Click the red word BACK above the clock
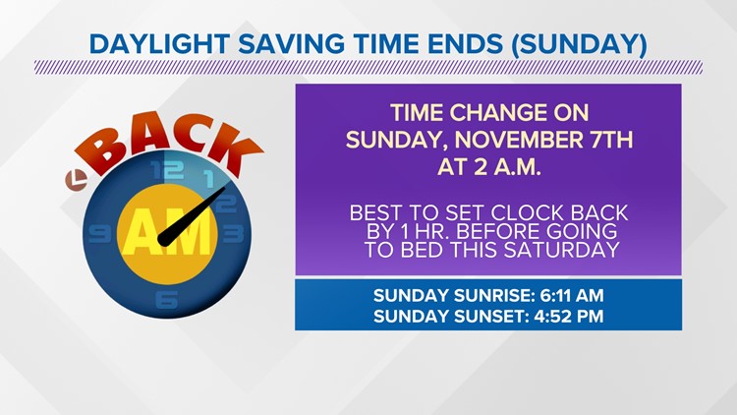(x=169, y=142)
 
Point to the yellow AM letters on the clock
(x=167, y=233)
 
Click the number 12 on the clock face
(x=167, y=169)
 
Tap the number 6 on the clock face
(x=167, y=300)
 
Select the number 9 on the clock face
(x=99, y=234)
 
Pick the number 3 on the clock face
(x=234, y=234)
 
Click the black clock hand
(x=192, y=216)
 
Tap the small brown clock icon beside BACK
(x=76, y=180)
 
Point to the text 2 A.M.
(x=507, y=167)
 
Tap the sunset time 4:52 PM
(x=569, y=316)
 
